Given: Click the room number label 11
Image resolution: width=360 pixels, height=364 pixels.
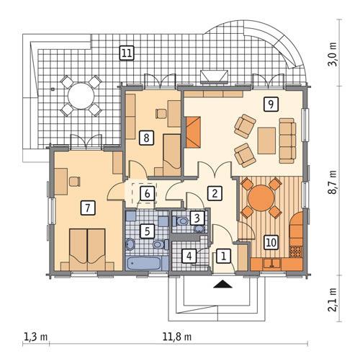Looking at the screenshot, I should click(126, 52).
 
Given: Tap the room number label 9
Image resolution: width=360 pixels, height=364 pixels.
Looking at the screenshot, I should click(270, 104).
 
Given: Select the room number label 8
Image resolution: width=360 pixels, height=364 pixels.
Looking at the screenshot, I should click(146, 136).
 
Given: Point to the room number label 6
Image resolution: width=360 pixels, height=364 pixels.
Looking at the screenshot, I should click(146, 193).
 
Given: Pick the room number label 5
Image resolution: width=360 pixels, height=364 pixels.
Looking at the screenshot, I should click(146, 231).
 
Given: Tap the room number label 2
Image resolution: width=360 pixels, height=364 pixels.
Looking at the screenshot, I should click(213, 192).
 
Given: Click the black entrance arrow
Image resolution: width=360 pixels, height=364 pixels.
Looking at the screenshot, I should click(224, 284).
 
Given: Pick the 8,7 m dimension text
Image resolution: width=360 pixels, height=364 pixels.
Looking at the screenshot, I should click(333, 180).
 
